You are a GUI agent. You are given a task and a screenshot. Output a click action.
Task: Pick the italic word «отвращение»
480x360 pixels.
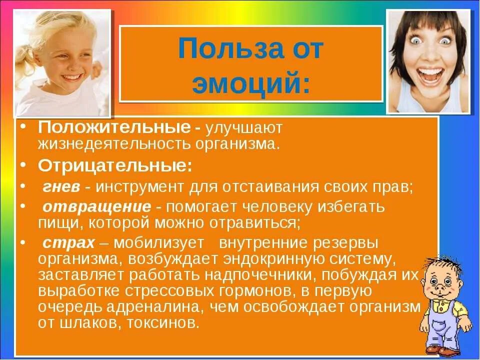click(96, 206)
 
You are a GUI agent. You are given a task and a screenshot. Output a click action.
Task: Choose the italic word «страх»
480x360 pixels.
click(68, 243)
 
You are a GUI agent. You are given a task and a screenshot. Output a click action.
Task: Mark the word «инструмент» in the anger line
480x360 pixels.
click(140, 187)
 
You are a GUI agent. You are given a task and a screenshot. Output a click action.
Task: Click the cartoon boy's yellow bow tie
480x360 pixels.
click(441, 304)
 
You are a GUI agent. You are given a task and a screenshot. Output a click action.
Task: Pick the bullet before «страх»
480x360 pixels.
click(25, 242)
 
